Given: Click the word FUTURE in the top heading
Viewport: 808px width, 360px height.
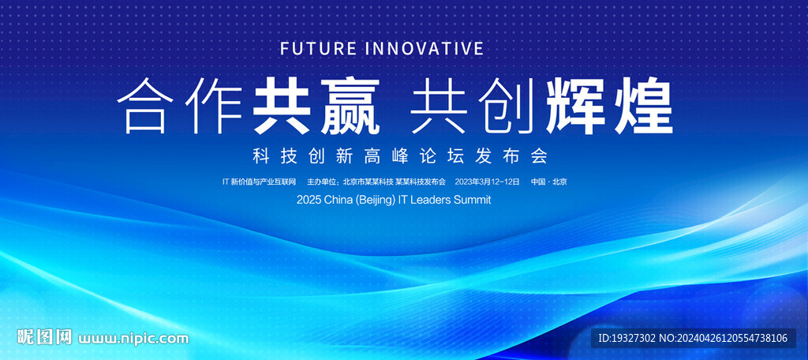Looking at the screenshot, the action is (x=318, y=48).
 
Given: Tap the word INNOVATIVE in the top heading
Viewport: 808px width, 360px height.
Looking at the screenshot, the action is (x=424, y=48).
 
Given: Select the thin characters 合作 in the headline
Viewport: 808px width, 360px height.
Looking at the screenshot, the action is (x=180, y=105).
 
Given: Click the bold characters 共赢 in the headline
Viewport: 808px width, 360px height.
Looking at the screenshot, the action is (x=316, y=105).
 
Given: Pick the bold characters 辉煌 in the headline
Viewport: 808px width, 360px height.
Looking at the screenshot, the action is (x=609, y=105).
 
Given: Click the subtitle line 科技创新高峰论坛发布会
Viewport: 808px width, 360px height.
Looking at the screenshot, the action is (x=399, y=156).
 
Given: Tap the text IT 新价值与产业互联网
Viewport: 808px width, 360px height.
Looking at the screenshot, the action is (x=259, y=182).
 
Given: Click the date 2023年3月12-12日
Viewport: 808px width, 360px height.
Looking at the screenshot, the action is (x=487, y=182).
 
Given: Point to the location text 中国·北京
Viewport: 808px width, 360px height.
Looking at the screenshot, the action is (x=549, y=182).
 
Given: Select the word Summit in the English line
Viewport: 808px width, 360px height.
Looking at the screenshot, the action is (x=472, y=200).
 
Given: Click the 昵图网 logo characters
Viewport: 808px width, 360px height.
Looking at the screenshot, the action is (x=44, y=338).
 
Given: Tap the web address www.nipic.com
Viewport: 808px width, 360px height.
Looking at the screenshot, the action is (x=133, y=339).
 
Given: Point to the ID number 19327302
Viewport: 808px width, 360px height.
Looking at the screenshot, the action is (x=634, y=339).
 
